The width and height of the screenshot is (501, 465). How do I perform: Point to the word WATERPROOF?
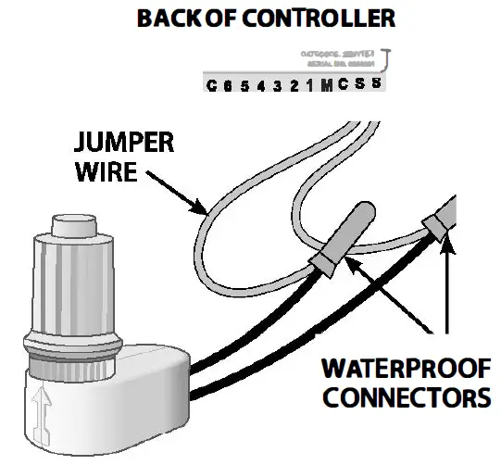point(404,370)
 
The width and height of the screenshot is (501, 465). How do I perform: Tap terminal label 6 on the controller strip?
point(228,86)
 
